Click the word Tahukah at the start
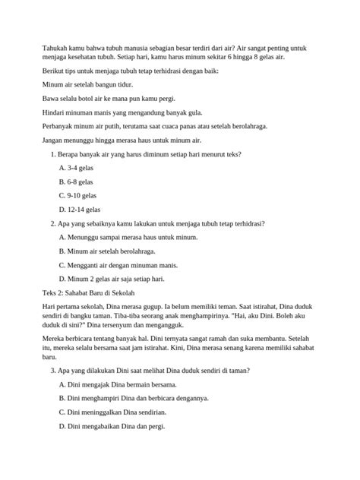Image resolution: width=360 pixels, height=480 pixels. click(55, 47)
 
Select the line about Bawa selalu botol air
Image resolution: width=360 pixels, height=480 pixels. click(99, 99)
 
